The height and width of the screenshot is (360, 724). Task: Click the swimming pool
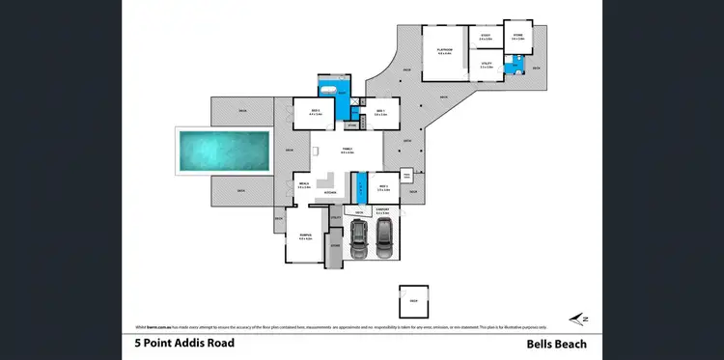click(x=222, y=151)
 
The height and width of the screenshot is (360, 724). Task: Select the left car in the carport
click(x=359, y=238)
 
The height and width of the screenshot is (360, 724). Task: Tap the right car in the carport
click(x=384, y=237)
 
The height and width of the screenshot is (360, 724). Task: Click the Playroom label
click(x=445, y=49)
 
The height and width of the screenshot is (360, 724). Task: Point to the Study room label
click(x=486, y=38)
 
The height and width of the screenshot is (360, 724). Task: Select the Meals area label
click(x=303, y=185)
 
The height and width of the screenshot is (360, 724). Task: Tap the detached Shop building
click(x=414, y=297)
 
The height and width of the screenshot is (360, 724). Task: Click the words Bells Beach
click(x=556, y=344)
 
